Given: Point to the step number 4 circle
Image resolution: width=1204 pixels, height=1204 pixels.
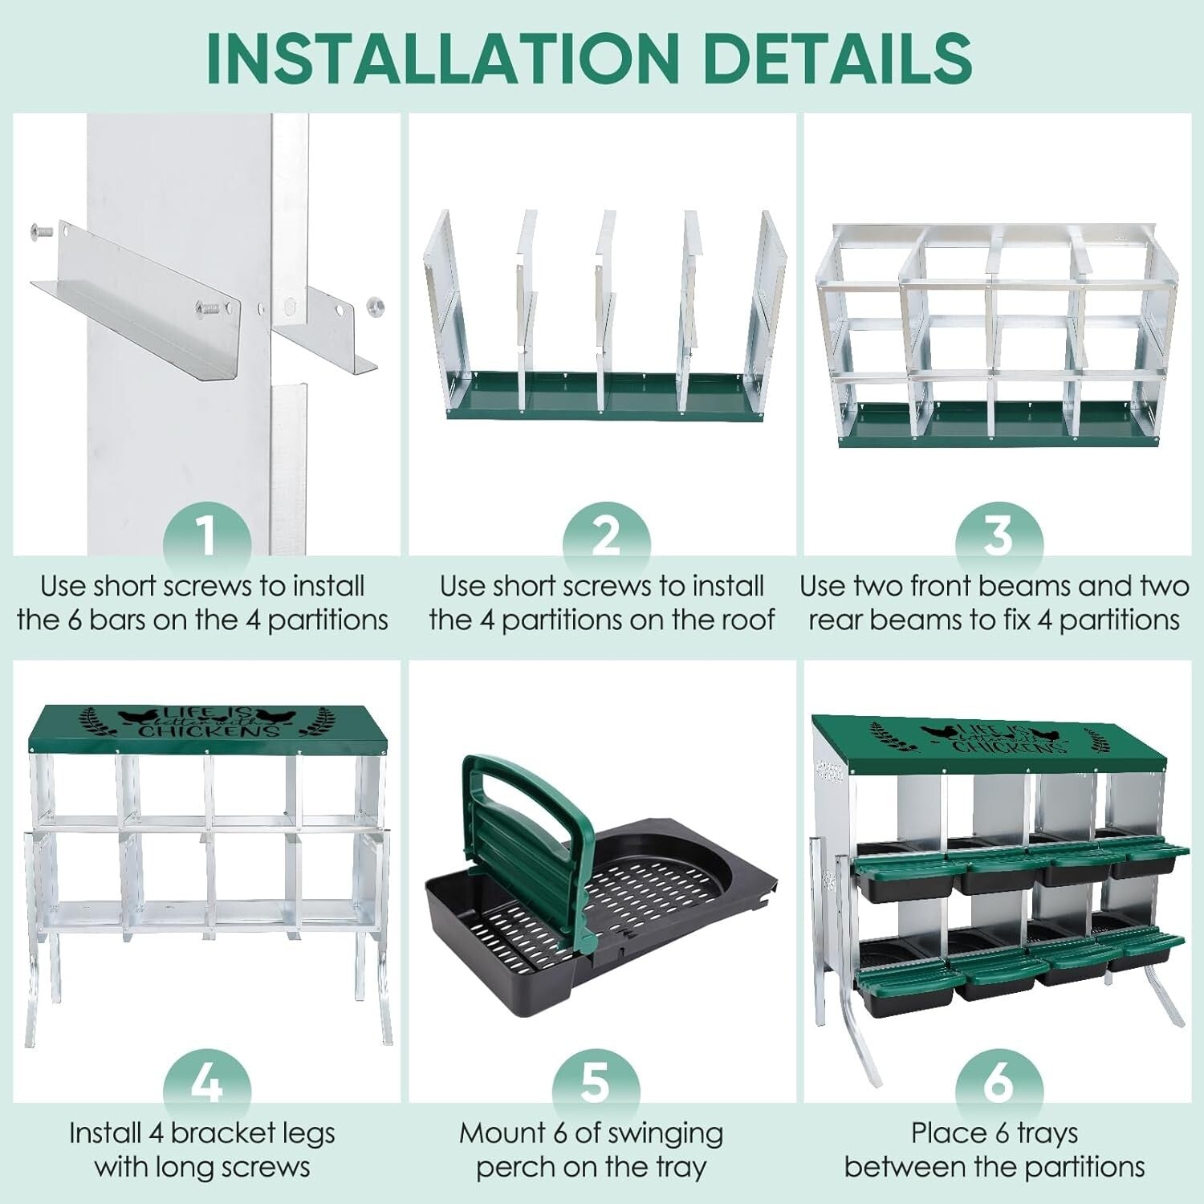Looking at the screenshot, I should tap(207, 1082).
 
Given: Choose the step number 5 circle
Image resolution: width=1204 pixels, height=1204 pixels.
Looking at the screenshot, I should tap(596, 1082).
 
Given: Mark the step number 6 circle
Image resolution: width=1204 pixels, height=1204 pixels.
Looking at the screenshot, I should tap(998, 1082).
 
